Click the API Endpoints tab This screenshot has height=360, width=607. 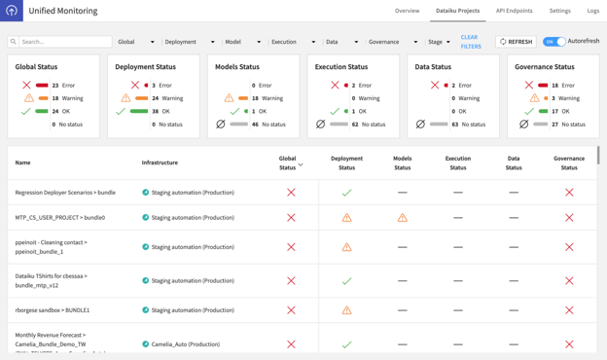point(514,11)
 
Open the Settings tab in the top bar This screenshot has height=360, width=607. point(559,11)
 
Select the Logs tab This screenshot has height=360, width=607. point(592,11)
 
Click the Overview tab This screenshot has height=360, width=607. point(407,11)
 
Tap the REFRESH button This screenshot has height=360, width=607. point(516,42)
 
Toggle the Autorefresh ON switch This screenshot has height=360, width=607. point(553,42)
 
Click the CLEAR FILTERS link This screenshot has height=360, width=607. point(470,42)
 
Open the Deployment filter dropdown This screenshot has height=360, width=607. point(189,42)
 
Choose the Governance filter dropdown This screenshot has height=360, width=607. point(392,42)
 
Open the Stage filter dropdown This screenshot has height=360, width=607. point(439,42)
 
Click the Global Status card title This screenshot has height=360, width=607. point(36,67)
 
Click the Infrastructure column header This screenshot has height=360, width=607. point(160,162)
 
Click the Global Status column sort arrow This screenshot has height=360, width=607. point(301,164)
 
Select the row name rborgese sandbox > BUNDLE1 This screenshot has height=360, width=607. point(53,310)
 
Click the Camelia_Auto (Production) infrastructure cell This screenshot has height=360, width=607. point(185,344)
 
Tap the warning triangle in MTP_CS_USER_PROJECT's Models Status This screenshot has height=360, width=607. point(402,218)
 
